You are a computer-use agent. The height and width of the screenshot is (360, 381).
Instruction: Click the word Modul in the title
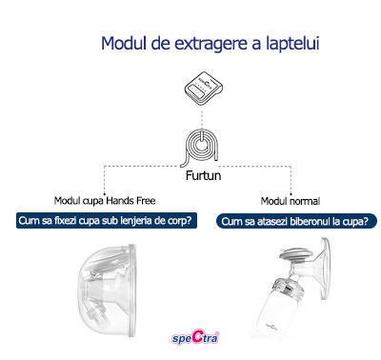point(123,44)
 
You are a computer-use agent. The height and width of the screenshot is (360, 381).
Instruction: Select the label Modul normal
point(291,201)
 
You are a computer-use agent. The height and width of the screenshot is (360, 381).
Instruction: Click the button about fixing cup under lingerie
point(104,221)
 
